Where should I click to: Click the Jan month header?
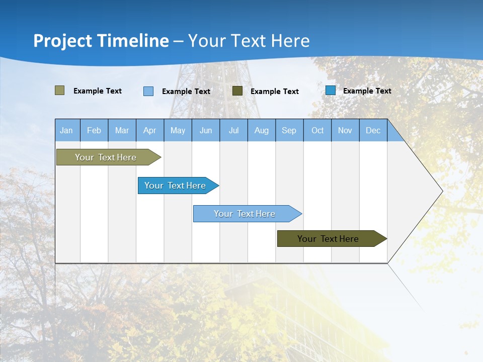[x=67, y=130]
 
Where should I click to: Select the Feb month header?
[x=94, y=130]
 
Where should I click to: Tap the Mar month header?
[x=122, y=130]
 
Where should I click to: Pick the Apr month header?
[x=150, y=130]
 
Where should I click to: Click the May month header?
[x=178, y=130]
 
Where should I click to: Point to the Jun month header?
[x=206, y=130]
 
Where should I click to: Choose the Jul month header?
[x=233, y=130]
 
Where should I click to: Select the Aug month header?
[x=262, y=130]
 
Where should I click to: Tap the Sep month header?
[x=289, y=130]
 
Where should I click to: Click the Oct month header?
[x=317, y=130]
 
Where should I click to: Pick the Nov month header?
[x=345, y=130]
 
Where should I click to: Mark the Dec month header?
[x=373, y=130]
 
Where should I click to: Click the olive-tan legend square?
[x=60, y=90]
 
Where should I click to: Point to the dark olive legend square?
[x=237, y=90]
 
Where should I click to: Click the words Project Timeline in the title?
[x=101, y=41]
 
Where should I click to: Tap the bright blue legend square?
[x=331, y=90]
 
